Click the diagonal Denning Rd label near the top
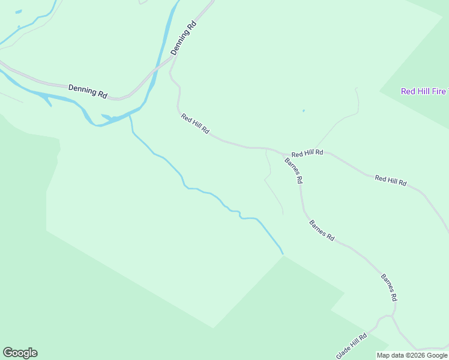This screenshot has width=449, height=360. click(184, 39)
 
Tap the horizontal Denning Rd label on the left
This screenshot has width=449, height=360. click(88, 91)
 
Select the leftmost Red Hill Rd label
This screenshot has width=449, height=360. click(195, 124)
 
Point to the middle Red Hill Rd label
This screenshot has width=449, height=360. click(307, 153)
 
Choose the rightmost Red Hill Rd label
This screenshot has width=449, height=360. click(391, 180)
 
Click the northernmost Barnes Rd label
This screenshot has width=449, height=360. click(294, 170)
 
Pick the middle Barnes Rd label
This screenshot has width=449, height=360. click(322, 230)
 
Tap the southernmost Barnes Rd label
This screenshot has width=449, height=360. click(389, 287)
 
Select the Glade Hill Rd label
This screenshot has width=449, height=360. click(352, 346)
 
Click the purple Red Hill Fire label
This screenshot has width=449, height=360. click(424, 91)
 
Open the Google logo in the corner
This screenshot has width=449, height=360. click(20, 353)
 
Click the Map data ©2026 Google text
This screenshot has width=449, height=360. click(412, 355)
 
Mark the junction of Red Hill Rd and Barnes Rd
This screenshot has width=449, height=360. click(284, 154)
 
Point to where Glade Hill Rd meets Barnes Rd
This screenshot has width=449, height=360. click(391, 315)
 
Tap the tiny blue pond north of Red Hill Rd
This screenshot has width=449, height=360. click(303, 110)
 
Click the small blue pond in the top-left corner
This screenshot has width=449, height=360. click(18, 11)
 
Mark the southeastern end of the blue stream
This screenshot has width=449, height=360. click(282, 253)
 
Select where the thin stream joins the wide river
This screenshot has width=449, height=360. click(130, 115)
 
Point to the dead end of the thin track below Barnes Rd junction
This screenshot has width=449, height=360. click(283, 214)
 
